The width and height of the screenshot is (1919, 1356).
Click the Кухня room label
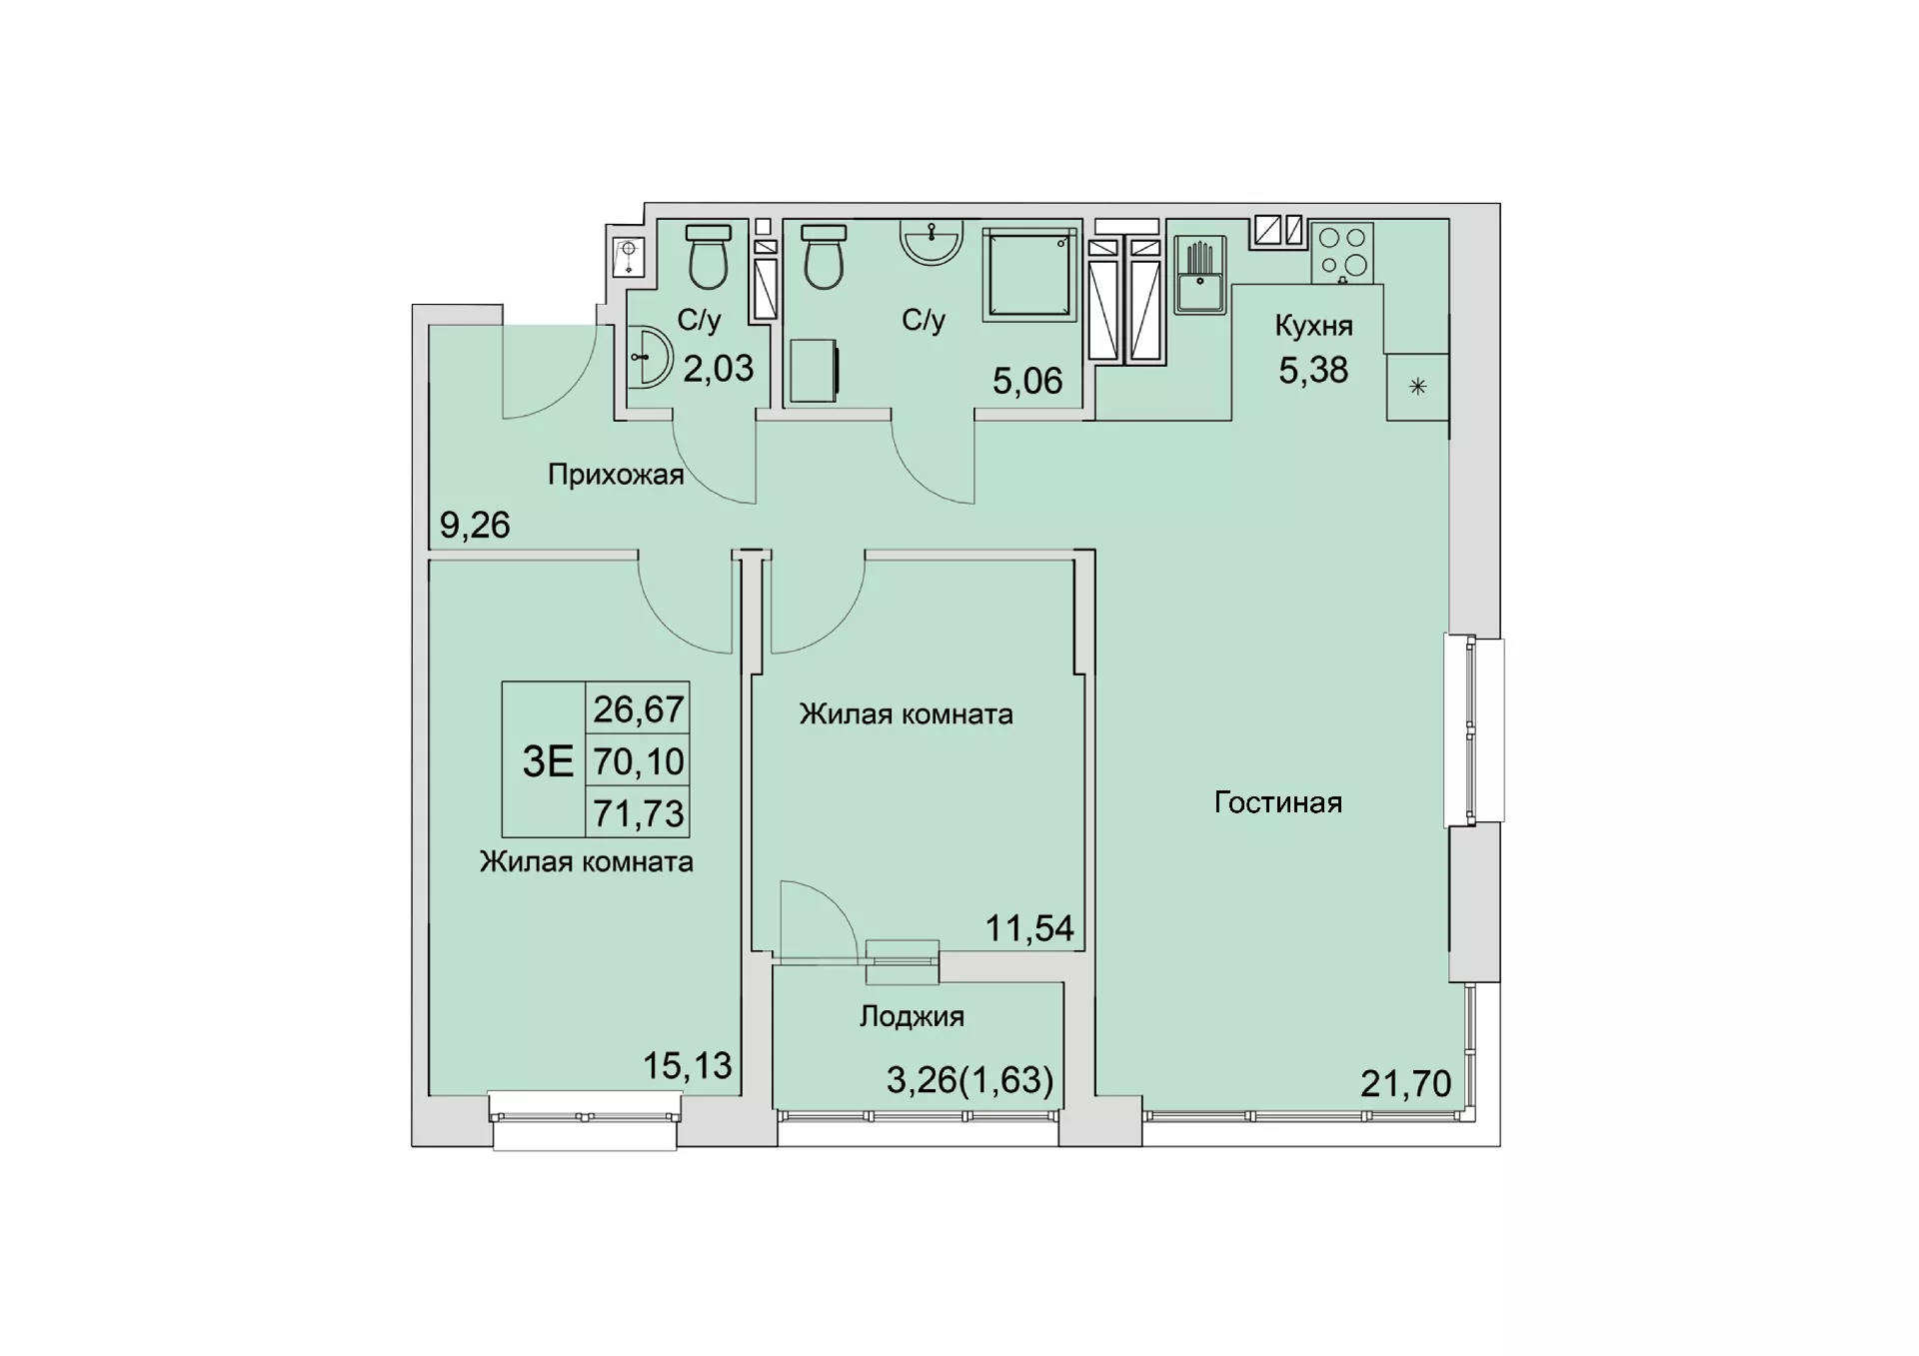1313,326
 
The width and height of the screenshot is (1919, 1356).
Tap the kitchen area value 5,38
1313,370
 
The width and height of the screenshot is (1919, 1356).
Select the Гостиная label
1277,802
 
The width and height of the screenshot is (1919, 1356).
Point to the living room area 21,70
1405,1083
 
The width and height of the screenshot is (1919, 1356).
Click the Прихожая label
616,475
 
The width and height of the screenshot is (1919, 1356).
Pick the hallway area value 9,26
475,525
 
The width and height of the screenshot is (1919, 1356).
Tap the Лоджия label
912,1017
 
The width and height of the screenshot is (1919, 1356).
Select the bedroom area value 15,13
687,1066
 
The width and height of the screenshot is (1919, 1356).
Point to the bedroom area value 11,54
1029,928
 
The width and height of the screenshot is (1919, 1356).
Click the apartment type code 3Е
548,761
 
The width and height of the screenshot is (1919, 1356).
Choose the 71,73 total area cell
639,813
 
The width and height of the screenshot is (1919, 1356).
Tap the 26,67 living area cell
639,709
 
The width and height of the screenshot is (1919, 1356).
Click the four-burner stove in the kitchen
1342,252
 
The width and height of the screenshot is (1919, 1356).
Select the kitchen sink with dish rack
1199,274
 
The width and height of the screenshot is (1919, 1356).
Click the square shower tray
1029,274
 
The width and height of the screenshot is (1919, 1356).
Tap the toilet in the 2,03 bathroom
709,257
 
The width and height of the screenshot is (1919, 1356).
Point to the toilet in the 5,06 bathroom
825,257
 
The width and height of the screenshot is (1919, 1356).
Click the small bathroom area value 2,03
718,369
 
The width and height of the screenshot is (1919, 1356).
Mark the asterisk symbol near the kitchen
1417,388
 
